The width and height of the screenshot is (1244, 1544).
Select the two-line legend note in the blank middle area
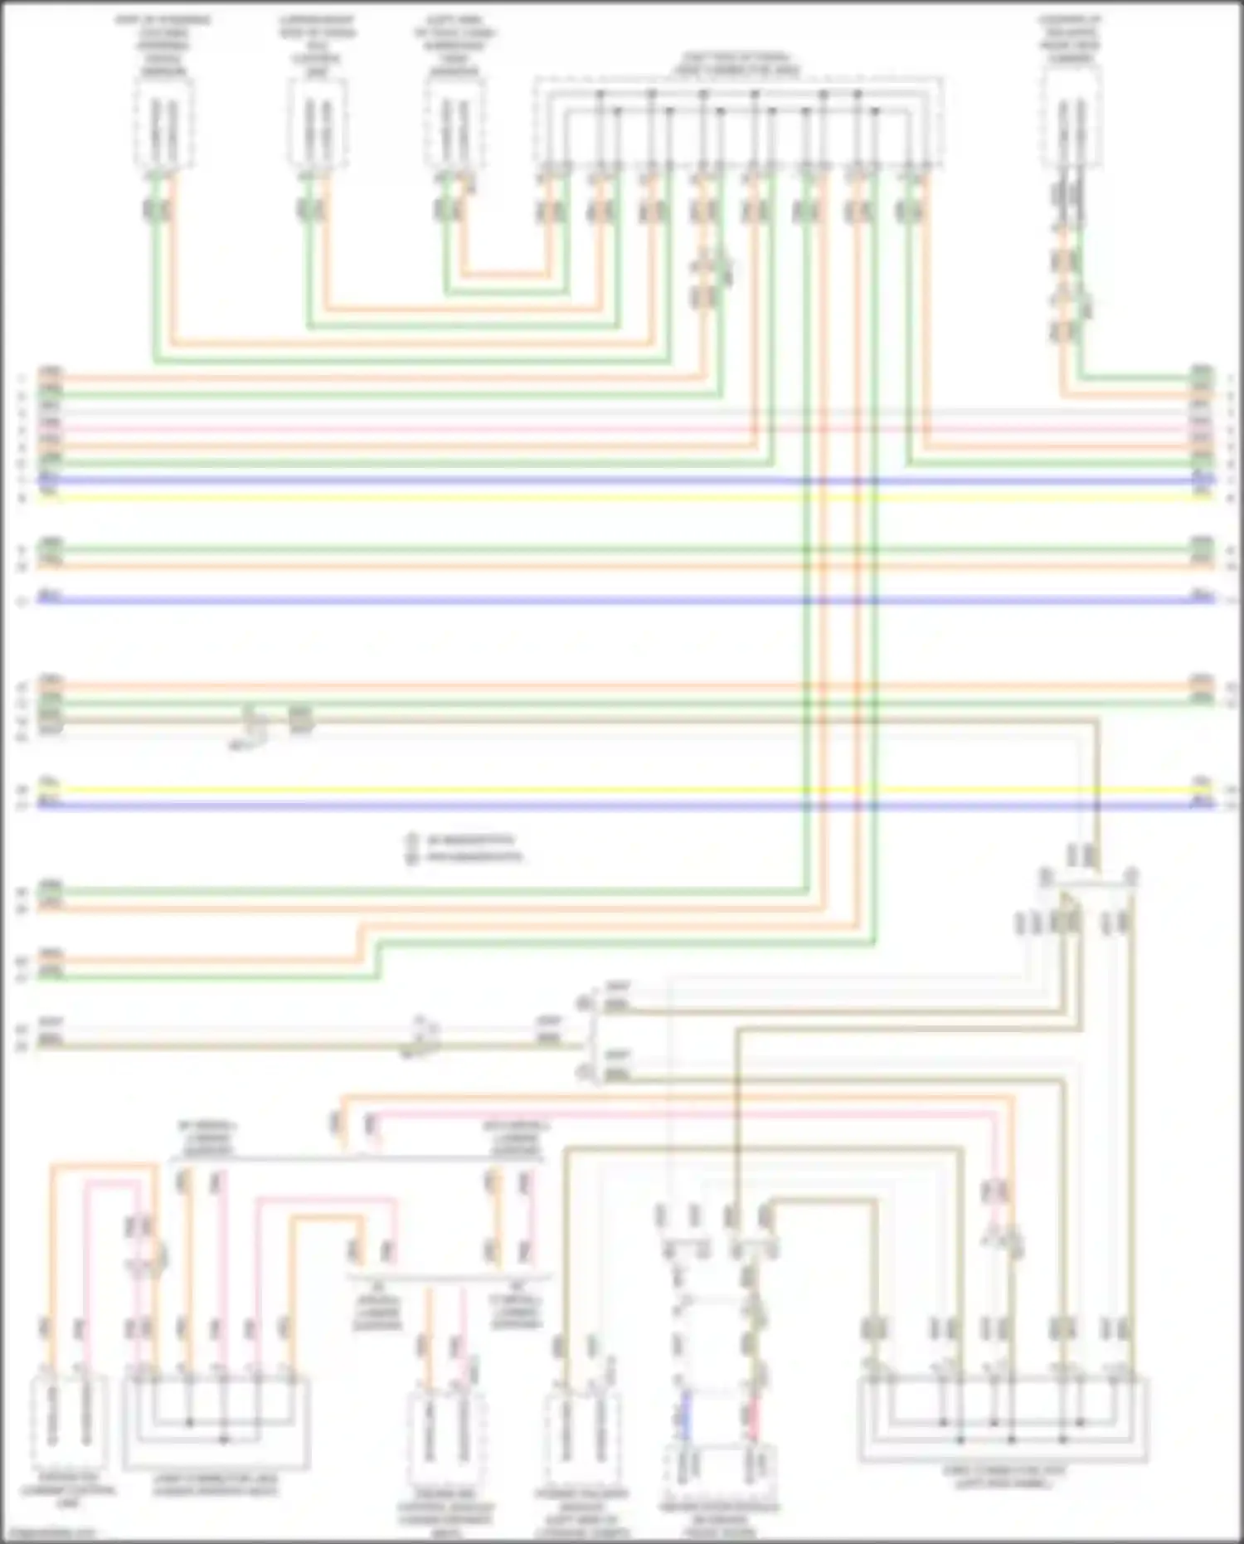point(464,848)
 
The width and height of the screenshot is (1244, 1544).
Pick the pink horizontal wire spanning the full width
point(622,431)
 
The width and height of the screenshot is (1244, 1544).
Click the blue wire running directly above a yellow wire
point(622,480)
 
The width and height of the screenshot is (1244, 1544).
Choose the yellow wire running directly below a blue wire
point(622,497)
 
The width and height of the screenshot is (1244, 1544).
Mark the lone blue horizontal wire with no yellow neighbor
point(622,600)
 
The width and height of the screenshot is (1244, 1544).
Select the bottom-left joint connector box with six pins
point(216,1420)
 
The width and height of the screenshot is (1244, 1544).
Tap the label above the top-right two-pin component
point(1071,39)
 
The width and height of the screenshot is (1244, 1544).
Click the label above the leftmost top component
point(163,46)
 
